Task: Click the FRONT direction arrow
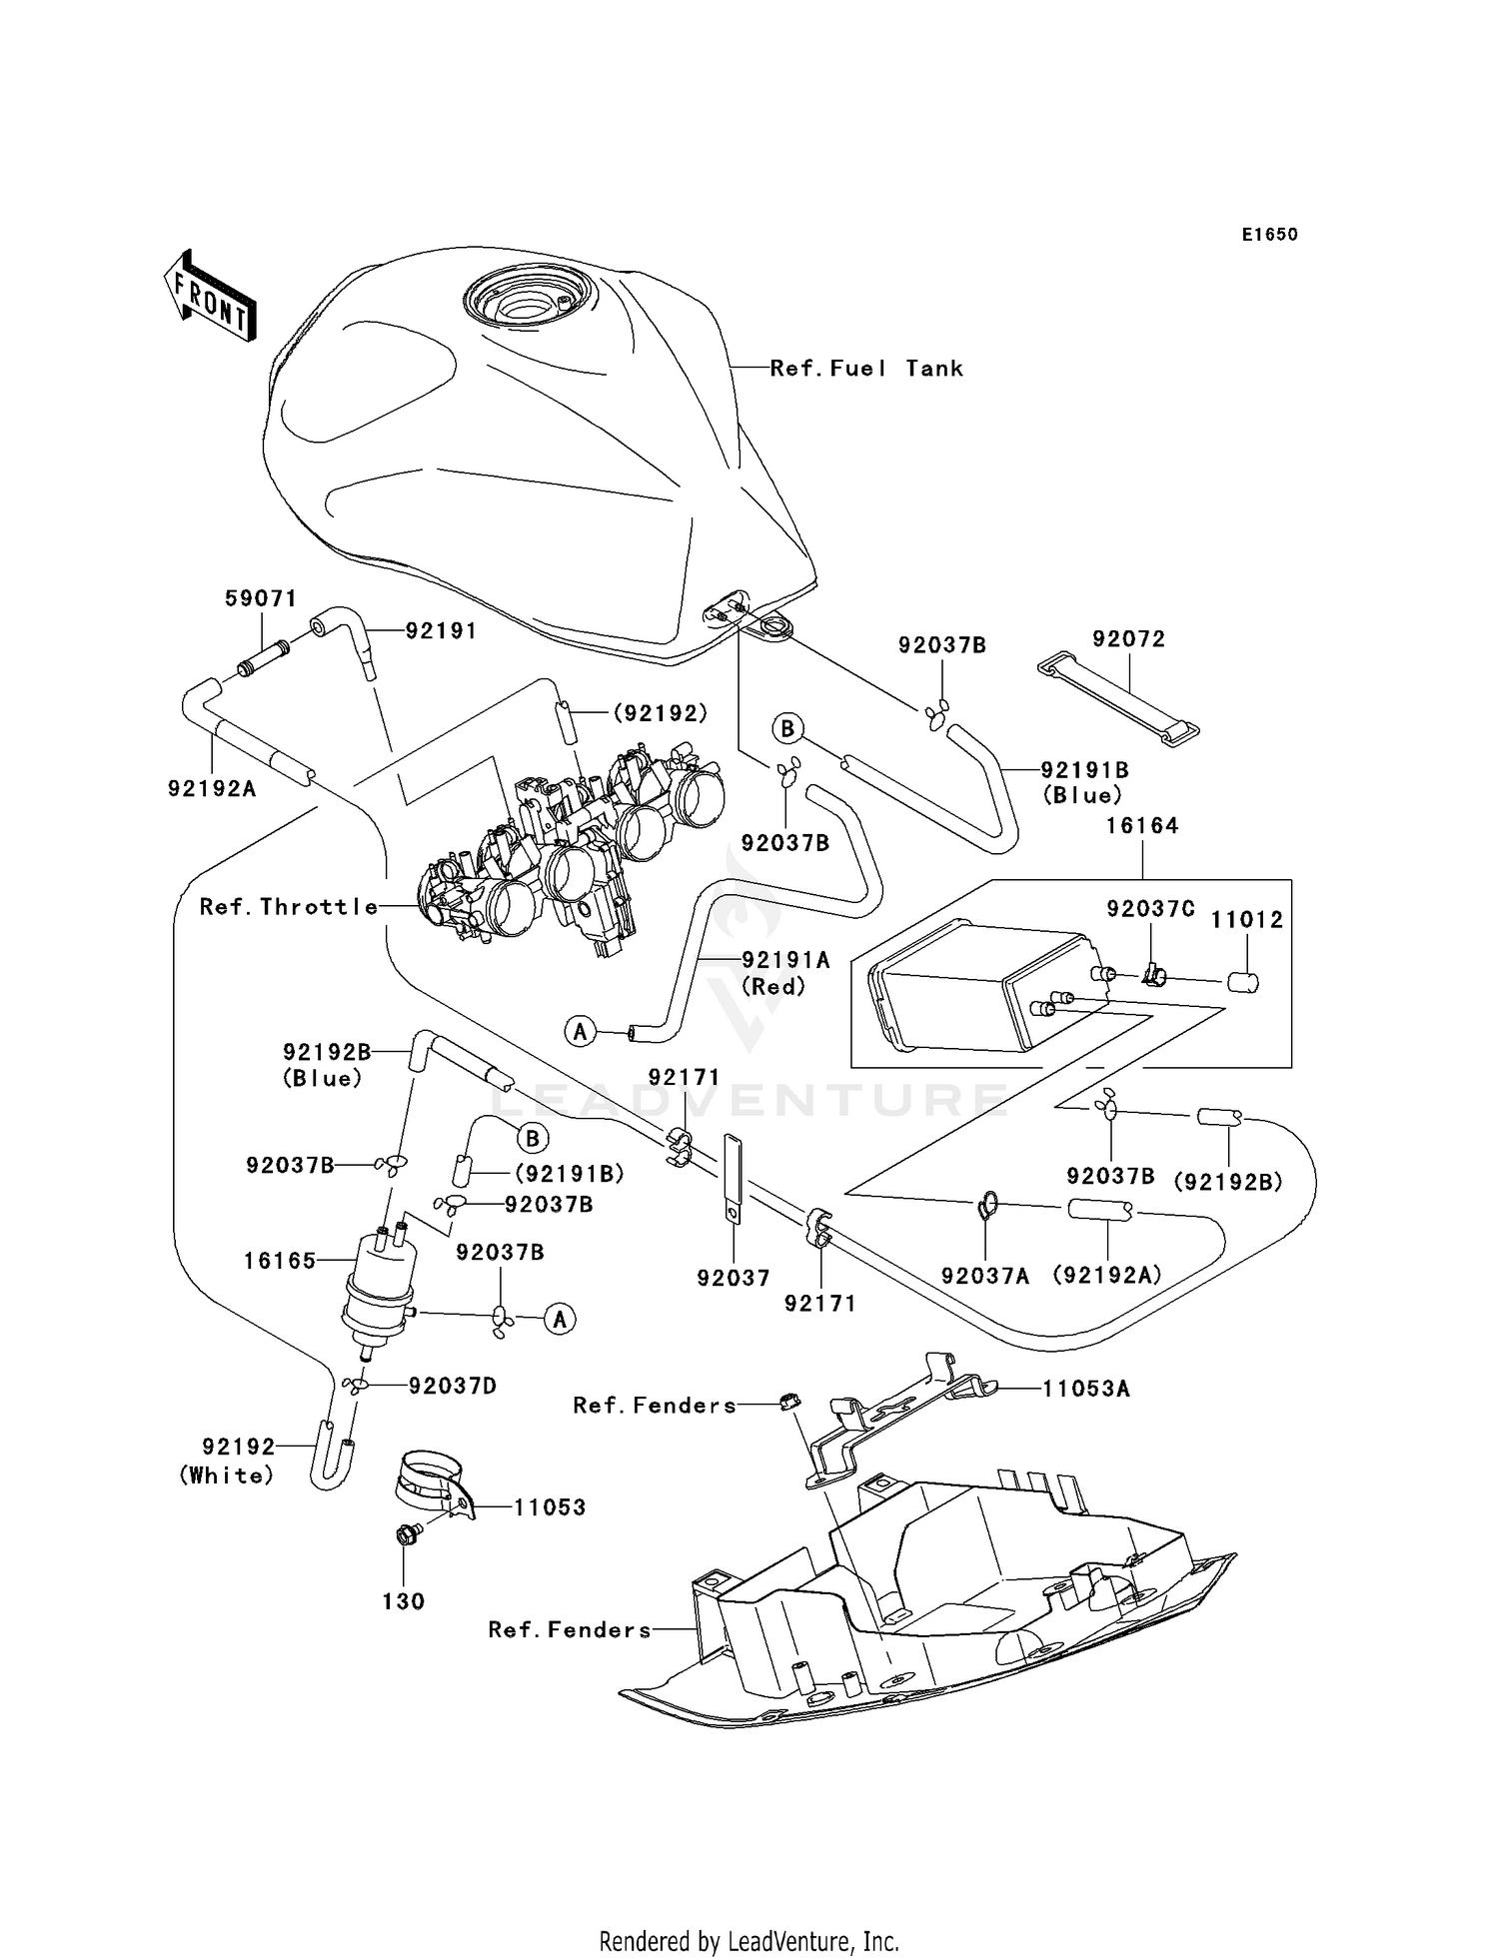pos(210,298)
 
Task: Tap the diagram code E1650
pos(1269,235)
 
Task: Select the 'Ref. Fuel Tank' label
pos(866,369)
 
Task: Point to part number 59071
pos(260,598)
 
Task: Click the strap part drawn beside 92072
pos(1117,699)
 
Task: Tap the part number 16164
pos(1141,825)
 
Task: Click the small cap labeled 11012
pos(1242,981)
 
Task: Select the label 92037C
pos(1150,909)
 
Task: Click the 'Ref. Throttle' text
pos(289,906)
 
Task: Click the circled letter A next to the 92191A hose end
pos(580,1031)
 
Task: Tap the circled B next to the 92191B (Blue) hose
pos(787,728)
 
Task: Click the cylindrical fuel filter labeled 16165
pos(380,1277)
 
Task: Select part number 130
pos(404,1601)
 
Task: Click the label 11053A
pos(1085,1389)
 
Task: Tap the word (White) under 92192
pos(227,1475)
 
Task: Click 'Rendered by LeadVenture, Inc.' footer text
pos(749,1941)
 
